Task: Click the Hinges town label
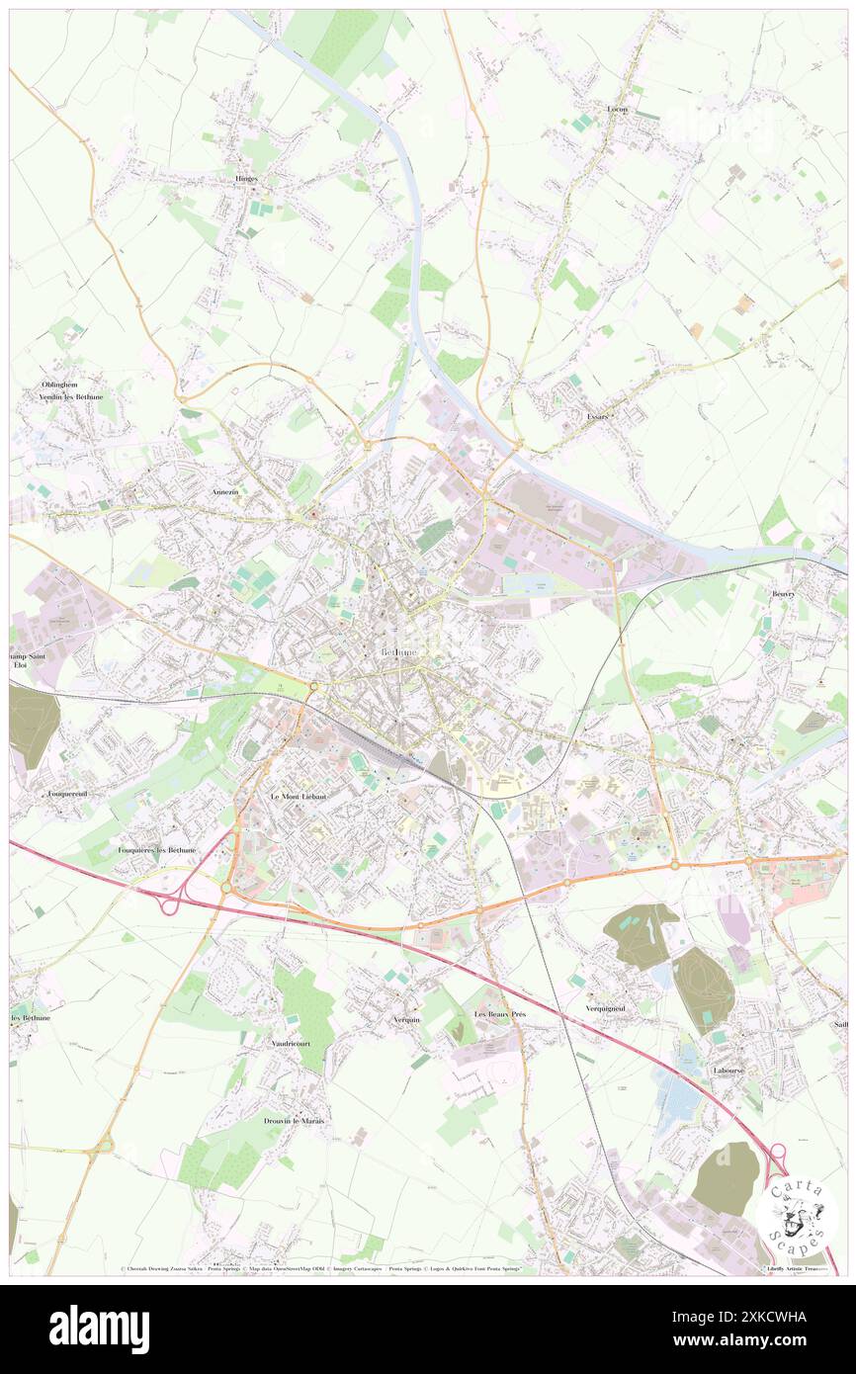pyautogui.click(x=246, y=178)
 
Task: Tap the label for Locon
pyautogui.click(x=618, y=109)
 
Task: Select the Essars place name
pyautogui.click(x=596, y=416)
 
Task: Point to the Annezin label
pyautogui.click(x=225, y=491)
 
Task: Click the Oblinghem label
pyautogui.click(x=59, y=385)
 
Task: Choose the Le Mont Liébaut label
pyautogui.click(x=299, y=796)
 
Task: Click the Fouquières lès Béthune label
pyautogui.click(x=157, y=850)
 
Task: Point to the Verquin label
pyautogui.click(x=406, y=1019)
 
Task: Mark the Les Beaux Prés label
pyautogui.click(x=500, y=1015)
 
